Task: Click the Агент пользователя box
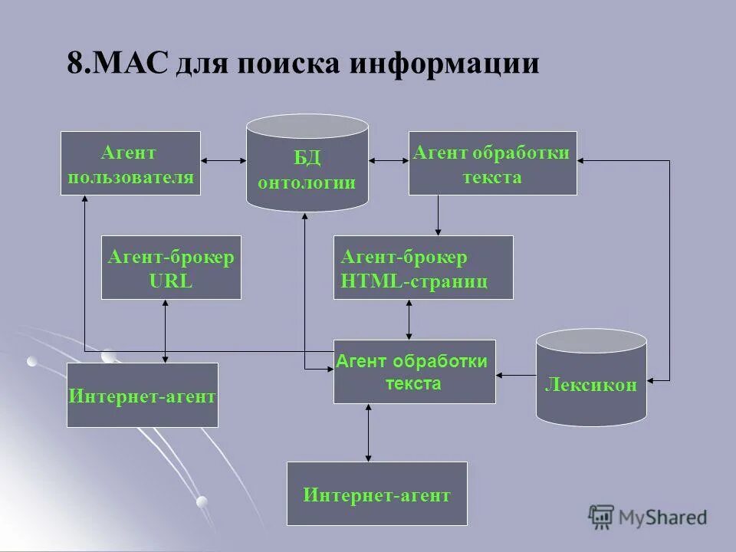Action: pyautogui.click(x=130, y=163)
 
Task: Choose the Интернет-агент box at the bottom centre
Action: pyautogui.click(x=376, y=494)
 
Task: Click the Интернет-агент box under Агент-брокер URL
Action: pyautogui.click(x=143, y=396)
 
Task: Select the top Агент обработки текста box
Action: pyautogui.click(x=492, y=163)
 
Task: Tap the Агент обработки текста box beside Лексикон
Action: pyautogui.click(x=414, y=372)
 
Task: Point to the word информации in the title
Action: pyautogui.click(x=444, y=63)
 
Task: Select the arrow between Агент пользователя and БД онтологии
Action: pyautogui.click(x=223, y=161)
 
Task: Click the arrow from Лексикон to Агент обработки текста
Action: pyautogui.click(x=515, y=375)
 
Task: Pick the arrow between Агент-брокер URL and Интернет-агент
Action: pyautogui.click(x=166, y=330)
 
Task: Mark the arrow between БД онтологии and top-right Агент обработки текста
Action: pyautogui.click(x=389, y=161)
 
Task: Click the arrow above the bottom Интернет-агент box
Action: pyautogui.click(x=369, y=432)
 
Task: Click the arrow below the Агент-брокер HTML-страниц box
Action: pyautogui.click(x=409, y=319)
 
